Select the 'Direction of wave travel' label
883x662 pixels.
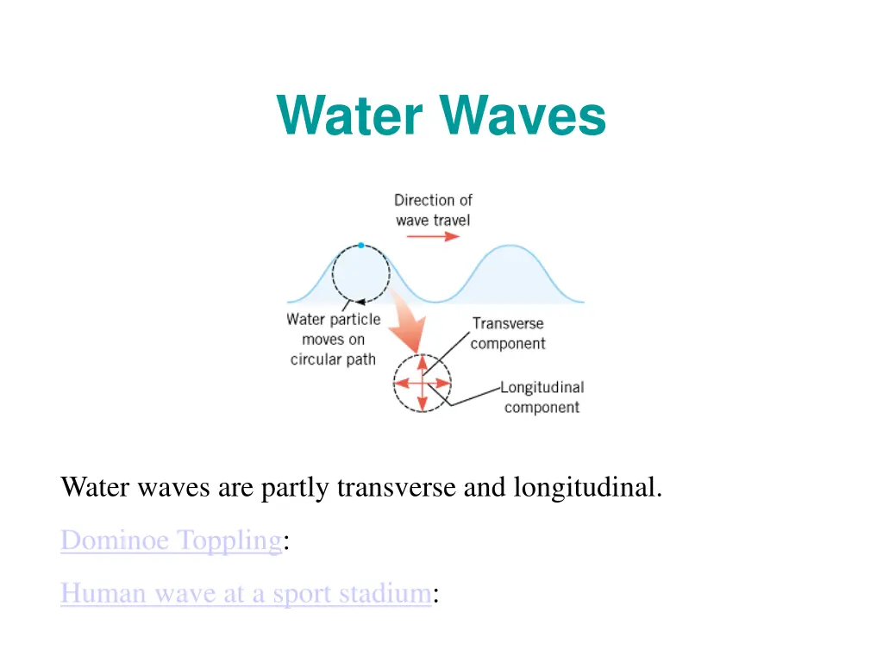[x=433, y=209]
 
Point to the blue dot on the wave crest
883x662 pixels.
[x=360, y=246]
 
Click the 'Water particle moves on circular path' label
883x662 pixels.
[x=334, y=340]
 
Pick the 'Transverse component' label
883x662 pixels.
[x=508, y=334]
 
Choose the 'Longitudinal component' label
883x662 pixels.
[x=542, y=397]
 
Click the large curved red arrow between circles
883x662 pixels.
[x=402, y=319]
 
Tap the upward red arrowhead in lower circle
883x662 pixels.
[x=422, y=362]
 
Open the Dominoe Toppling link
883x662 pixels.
[x=171, y=540]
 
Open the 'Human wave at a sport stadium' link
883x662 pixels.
[x=246, y=593]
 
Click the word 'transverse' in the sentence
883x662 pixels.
[x=398, y=488]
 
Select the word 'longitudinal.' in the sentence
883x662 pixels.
[x=588, y=488]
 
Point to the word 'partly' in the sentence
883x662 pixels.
[x=296, y=489]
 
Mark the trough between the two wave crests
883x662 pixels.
[x=434, y=301]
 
